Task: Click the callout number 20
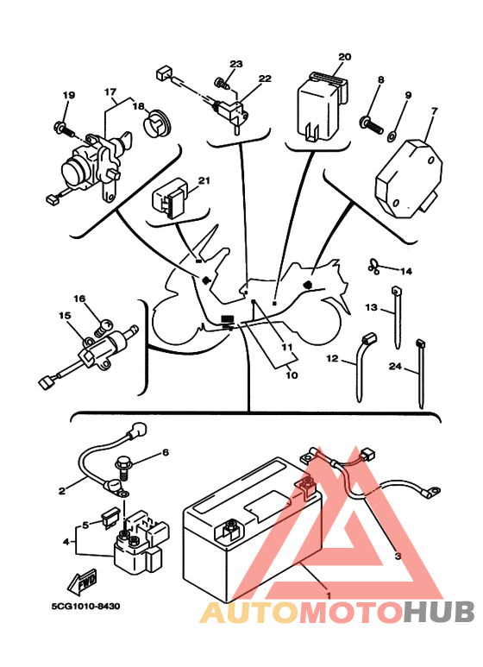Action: (345, 57)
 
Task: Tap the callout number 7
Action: (434, 111)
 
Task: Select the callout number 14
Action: (406, 271)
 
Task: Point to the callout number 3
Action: (398, 556)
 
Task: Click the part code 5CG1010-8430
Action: (85, 606)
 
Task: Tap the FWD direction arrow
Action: (82, 582)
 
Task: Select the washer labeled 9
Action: (392, 136)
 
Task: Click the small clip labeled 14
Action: (373, 267)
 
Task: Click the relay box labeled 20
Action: (321, 107)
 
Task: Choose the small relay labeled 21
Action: (171, 199)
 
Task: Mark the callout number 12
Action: (332, 358)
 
